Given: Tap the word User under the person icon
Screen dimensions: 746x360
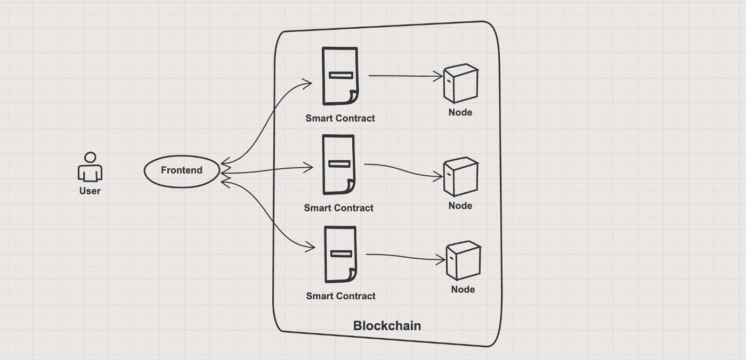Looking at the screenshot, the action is [90, 191].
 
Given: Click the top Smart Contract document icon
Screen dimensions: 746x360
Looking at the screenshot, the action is [340, 76].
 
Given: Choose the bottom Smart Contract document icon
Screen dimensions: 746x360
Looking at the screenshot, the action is [340, 255].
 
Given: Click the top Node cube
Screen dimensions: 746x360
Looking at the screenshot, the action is [461, 83].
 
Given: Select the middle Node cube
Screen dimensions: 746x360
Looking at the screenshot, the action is [461, 177].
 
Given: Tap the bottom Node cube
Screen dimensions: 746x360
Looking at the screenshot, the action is [463, 260].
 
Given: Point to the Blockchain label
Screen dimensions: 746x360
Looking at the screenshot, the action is [387, 326].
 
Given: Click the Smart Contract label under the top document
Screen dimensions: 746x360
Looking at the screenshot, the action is [340, 118].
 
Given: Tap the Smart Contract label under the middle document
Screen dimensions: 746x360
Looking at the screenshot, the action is [338, 208].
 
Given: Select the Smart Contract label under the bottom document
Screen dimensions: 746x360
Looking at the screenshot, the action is [340, 296].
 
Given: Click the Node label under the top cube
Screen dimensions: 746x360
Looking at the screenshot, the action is [460, 112].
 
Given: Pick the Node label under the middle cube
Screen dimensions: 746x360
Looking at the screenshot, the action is [460, 206].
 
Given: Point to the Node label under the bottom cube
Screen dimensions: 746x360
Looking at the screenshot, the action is [463, 290].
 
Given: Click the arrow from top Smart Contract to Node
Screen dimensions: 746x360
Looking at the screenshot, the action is [406, 76].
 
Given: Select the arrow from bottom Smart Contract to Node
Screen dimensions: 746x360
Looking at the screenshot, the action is [406, 257].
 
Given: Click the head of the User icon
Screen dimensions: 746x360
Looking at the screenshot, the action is [90, 158].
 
